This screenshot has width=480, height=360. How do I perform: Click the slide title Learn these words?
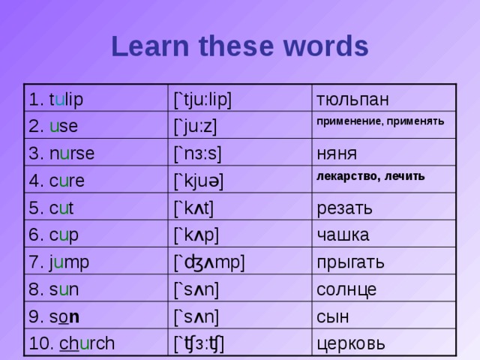click(x=240, y=46)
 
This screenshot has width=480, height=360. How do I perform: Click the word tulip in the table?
click(x=66, y=100)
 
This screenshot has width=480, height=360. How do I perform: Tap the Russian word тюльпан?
click(x=352, y=100)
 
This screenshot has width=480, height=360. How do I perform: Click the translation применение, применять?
click(x=380, y=121)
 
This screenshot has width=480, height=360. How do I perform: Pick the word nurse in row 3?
click(x=72, y=153)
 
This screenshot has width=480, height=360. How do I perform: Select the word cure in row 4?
click(x=67, y=180)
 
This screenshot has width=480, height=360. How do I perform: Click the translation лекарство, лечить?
click(x=370, y=176)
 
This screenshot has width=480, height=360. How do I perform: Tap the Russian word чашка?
click(x=343, y=235)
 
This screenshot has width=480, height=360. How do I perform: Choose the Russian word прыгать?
click(x=351, y=262)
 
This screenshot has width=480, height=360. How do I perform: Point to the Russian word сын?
click(x=333, y=316)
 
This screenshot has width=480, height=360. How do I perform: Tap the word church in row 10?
click(x=86, y=343)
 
